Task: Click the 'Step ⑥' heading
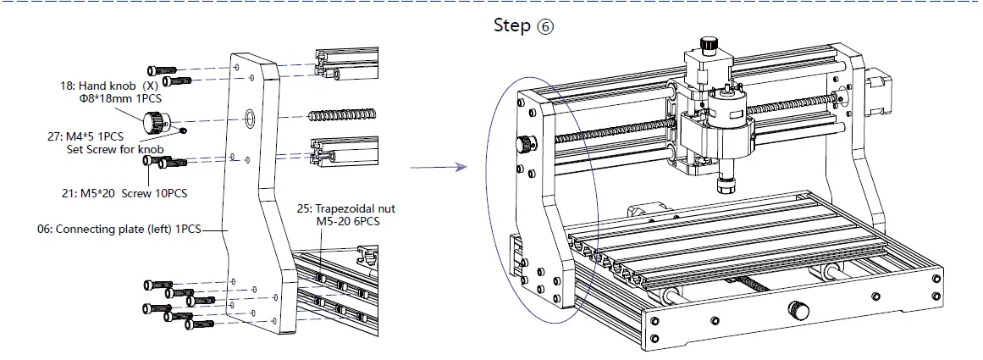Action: tap(523, 25)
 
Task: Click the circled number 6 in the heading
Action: tap(545, 26)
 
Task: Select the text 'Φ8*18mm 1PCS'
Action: tap(114, 99)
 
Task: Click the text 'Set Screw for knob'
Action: tap(114, 150)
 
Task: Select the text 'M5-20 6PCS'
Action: tap(351, 221)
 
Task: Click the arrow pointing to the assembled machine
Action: tap(438, 168)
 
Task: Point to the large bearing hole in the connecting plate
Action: tap(251, 117)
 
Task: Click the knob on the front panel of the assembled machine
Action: tap(798, 307)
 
